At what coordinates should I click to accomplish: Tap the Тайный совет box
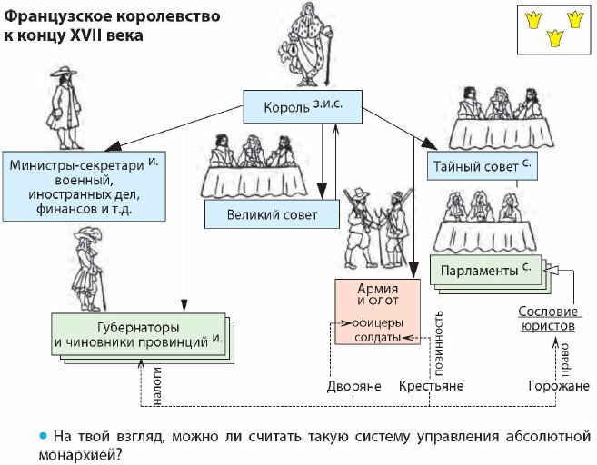point(479,166)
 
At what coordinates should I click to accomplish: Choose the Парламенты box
point(485,270)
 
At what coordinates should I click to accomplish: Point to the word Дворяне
point(354,386)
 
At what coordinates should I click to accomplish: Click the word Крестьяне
point(431,386)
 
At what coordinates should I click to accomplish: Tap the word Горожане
point(557,386)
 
